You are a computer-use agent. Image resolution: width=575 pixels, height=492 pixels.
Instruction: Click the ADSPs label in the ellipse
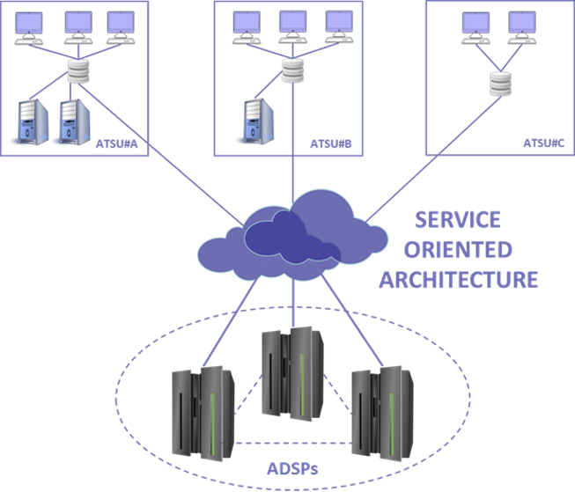click(x=292, y=467)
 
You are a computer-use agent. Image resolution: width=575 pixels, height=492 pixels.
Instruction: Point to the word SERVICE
click(x=458, y=219)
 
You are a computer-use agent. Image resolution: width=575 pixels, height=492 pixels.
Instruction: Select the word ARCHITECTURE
click(x=458, y=280)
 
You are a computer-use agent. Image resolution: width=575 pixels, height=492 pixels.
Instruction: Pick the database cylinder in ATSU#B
click(x=291, y=69)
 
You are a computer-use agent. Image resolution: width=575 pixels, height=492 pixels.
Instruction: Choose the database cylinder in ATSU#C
click(x=501, y=83)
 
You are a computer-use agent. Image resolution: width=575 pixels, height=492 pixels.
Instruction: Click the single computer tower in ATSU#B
click(x=254, y=121)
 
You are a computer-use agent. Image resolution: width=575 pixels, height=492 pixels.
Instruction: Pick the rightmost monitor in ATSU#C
click(x=521, y=22)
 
